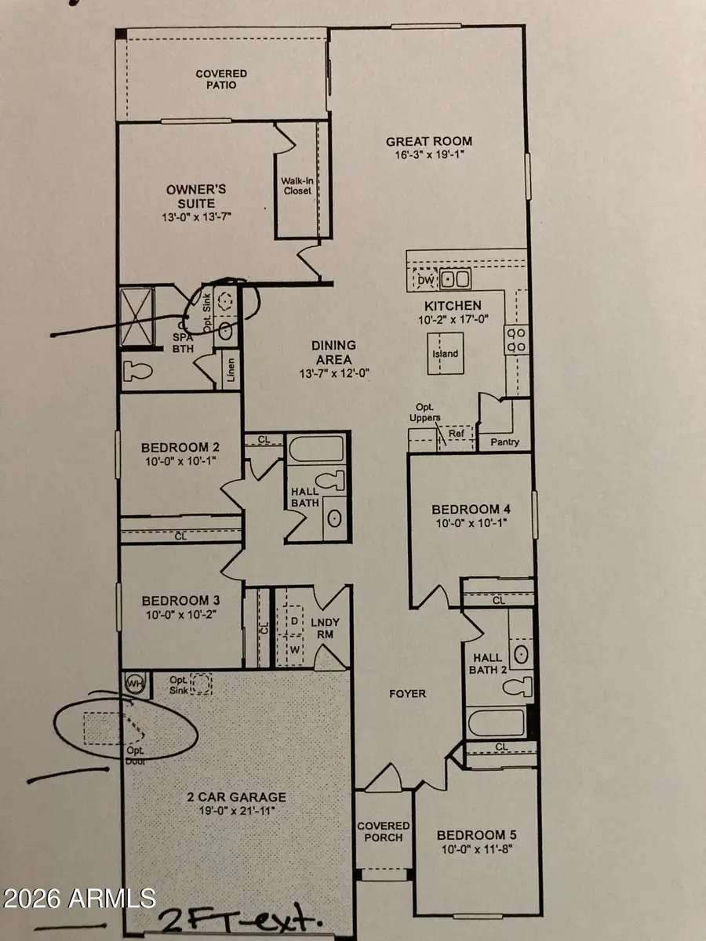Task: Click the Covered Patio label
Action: pyautogui.click(x=221, y=79)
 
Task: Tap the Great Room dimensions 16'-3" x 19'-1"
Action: pyautogui.click(x=429, y=155)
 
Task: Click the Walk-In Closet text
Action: pyautogui.click(x=297, y=185)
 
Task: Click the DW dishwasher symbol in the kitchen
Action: pyautogui.click(x=425, y=279)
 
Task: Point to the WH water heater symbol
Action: pyautogui.click(x=134, y=683)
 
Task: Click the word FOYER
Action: pyautogui.click(x=407, y=693)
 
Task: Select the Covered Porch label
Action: pyautogui.click(x=384, y=831)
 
